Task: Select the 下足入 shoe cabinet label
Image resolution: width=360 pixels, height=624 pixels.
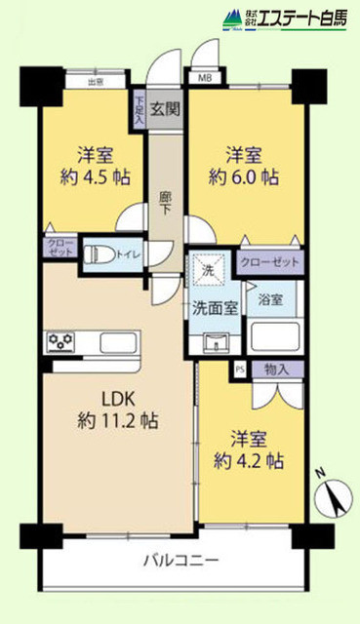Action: coord(140,108)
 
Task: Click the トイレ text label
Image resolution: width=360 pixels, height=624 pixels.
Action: coord(127,255)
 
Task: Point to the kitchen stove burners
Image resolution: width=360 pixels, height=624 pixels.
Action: coord(61,340)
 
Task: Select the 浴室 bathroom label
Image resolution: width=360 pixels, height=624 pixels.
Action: coord(270,301)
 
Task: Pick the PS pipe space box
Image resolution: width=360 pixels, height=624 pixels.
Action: coord(240,370)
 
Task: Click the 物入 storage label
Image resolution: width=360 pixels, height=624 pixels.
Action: coord(275,370)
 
